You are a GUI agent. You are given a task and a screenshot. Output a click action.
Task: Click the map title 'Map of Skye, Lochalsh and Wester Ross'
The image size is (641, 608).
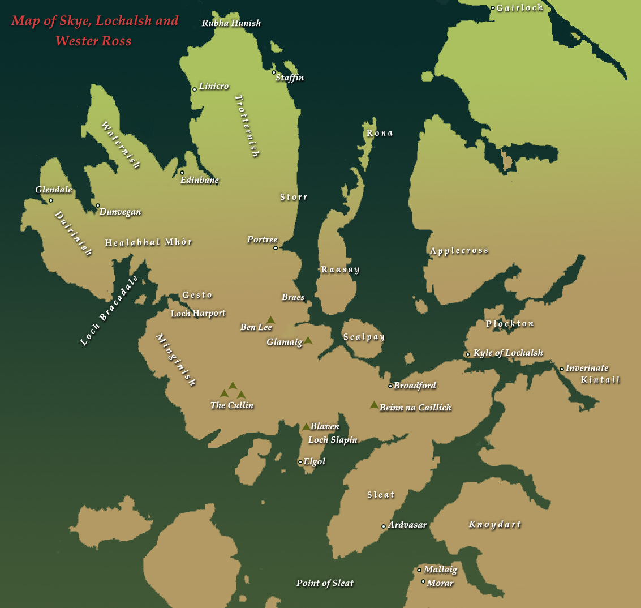94,31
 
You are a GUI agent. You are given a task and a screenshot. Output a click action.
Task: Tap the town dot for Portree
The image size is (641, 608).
276,248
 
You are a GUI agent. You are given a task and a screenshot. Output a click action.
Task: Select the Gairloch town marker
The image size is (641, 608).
493,8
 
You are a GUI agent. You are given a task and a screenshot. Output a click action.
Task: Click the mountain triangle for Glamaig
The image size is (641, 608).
308,340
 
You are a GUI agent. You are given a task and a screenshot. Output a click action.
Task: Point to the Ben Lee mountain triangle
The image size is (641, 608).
271,320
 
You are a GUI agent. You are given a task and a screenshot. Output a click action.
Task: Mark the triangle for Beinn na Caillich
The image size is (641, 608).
374,405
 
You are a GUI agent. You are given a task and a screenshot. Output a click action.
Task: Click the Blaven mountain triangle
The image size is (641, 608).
306,426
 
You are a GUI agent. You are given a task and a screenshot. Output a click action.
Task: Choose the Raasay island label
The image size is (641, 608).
340,269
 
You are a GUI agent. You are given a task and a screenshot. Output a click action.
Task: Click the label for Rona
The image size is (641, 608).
380,133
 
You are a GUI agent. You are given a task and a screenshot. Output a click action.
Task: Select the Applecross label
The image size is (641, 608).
459,251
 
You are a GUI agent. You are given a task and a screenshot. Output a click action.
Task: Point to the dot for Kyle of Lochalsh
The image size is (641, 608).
468,354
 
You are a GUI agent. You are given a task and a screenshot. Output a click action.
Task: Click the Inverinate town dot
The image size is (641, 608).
562,369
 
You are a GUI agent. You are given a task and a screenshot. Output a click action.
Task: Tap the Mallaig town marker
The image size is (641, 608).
419,570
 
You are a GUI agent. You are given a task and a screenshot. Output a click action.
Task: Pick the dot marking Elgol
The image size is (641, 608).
300,462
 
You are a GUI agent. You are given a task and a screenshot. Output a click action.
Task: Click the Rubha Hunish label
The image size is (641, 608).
231,23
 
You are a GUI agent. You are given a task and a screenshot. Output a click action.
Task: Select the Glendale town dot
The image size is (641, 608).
51,200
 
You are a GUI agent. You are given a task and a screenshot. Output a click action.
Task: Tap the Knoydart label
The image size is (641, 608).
494,524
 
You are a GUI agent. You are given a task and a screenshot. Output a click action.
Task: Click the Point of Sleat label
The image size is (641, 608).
325,583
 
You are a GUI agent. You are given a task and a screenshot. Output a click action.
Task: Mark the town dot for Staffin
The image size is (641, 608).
274,72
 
